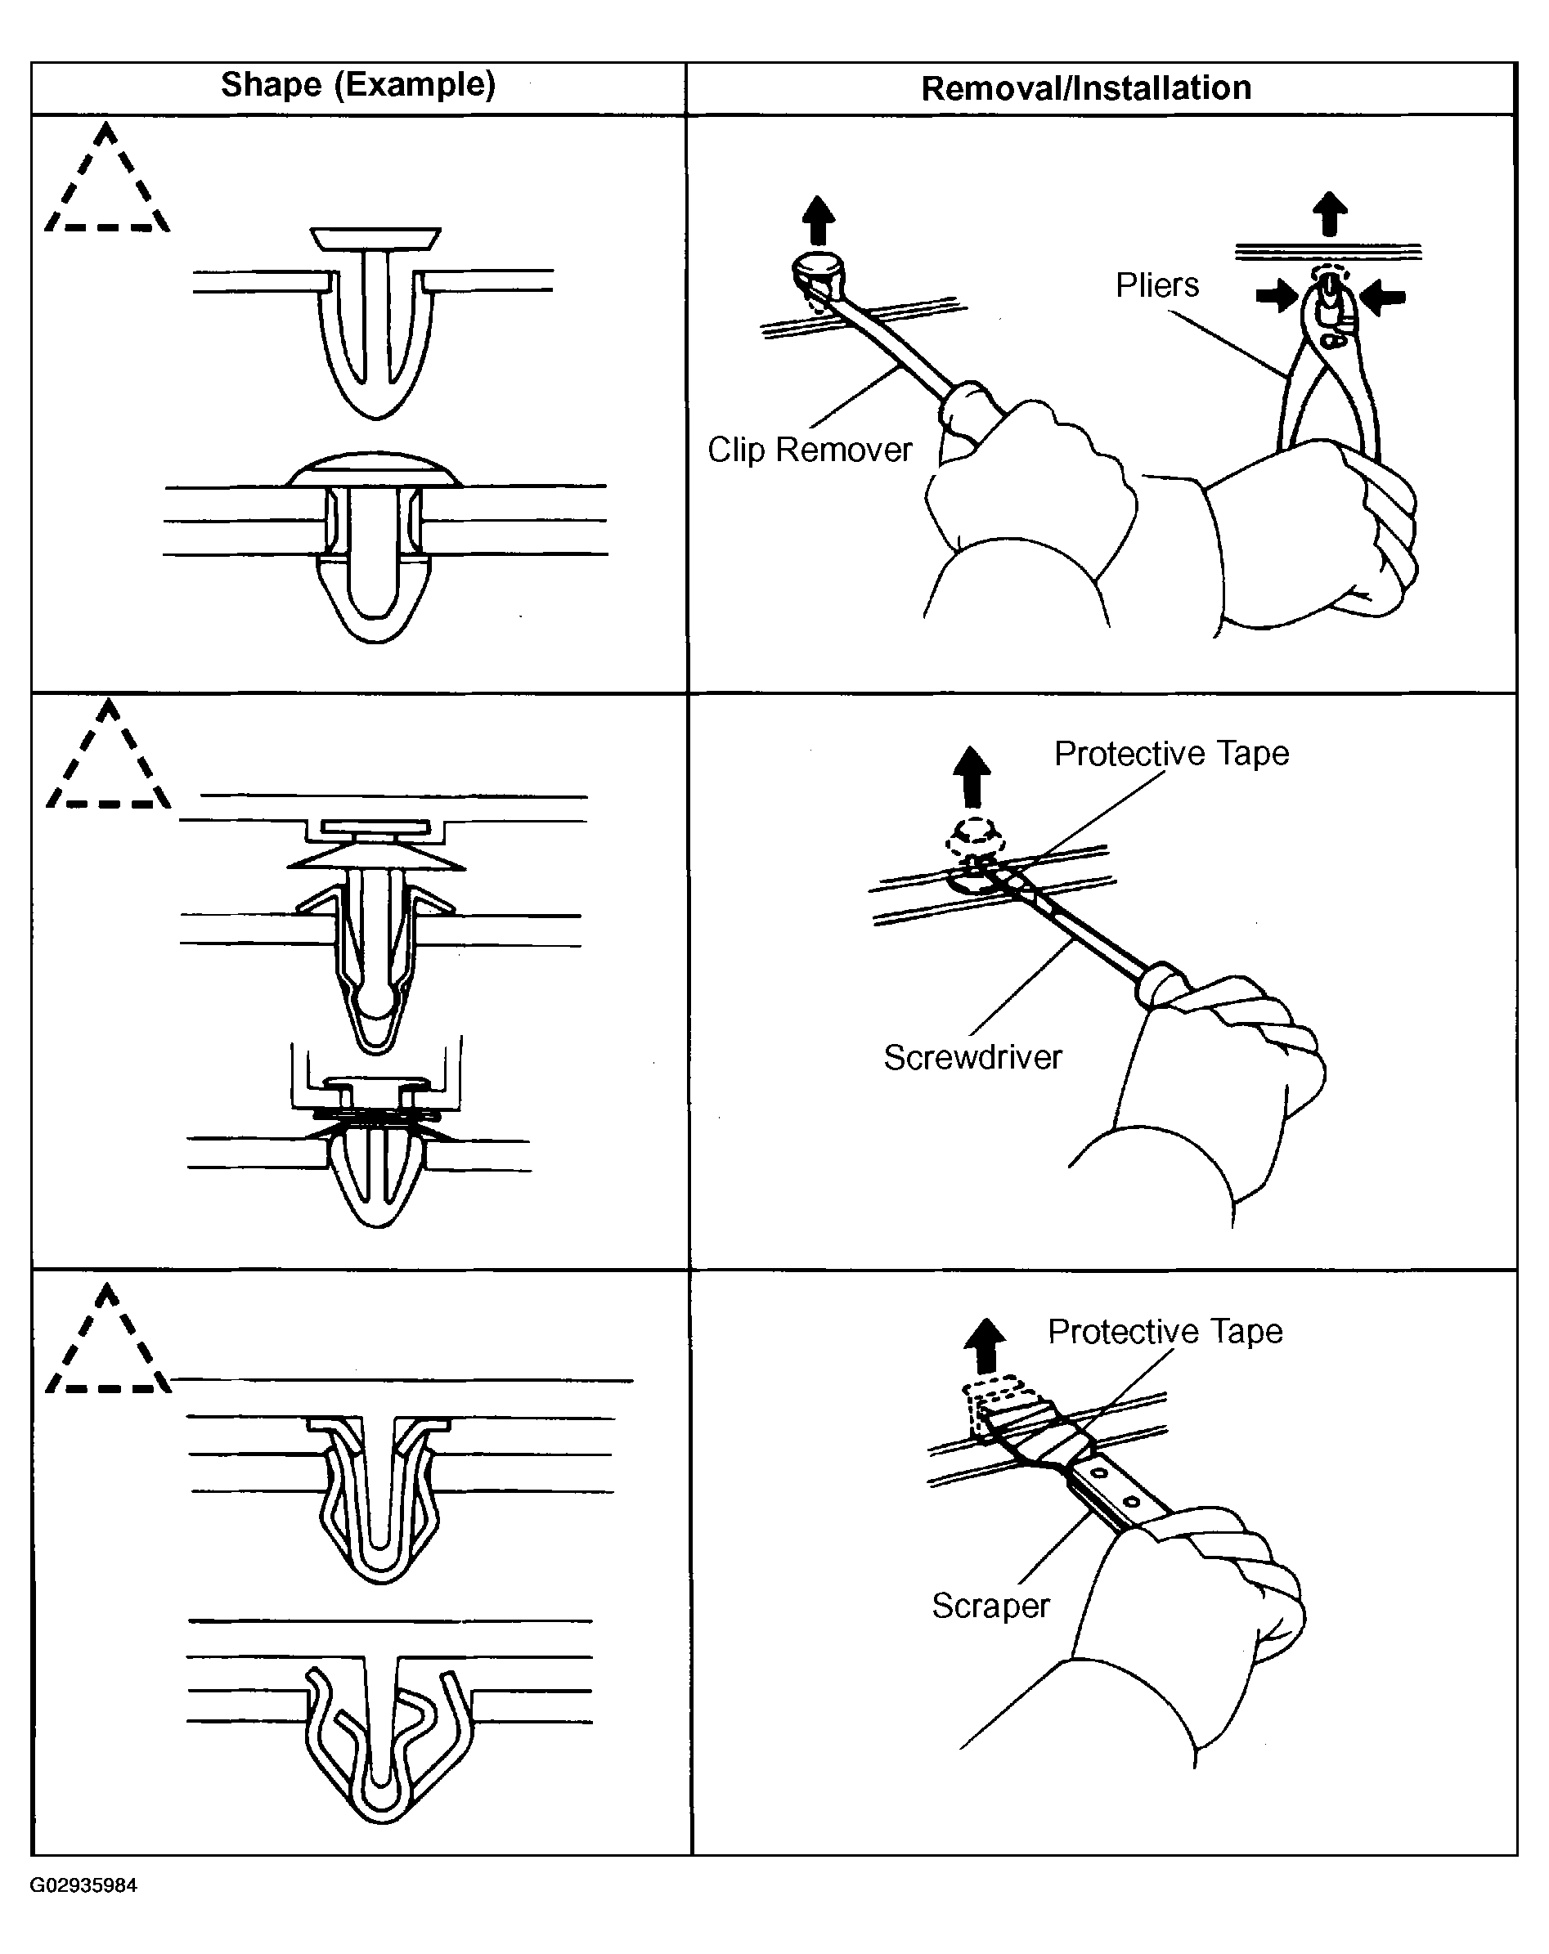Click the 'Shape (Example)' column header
tap(358, 84)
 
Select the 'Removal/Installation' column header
tap(1086, 88)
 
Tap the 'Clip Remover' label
tap(810, 450)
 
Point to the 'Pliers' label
tap(1156, 285)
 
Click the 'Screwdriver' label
tap(972, 1057)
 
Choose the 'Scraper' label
tap(990, 1605)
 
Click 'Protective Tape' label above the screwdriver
tap(1171, 753)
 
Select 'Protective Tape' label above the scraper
tap(1165, 1331)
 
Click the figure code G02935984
tap(83, 1885)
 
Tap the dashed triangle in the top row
tap(107, 186)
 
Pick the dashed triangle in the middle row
tap(108, 761)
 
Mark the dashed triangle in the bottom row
tap(108, 1346)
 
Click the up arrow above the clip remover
tap(819, 220)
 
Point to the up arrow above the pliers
tap(1330, 214)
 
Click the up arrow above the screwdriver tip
tap(972, 776)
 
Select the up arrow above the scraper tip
tap(986, 1346)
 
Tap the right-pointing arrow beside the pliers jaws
tap(1277, 295)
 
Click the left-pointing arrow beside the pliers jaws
tap(1384, 296)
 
